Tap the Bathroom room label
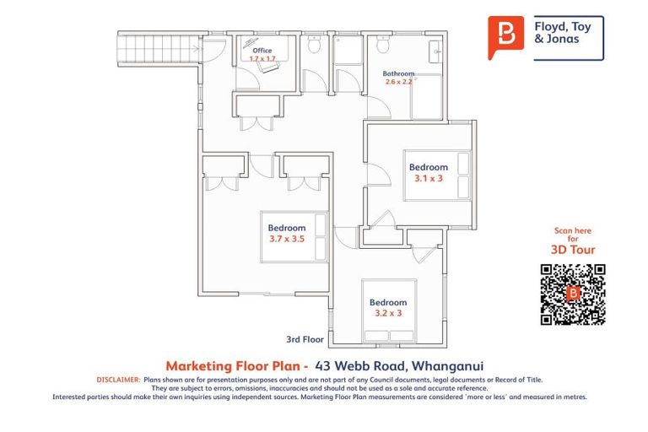[x=398, y=73]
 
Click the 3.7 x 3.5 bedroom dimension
[x=287, y=240]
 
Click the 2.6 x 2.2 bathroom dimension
[x=398, y=82]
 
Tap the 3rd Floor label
[x=305, y=340]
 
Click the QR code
[x=573, y=294]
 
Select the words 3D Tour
[x=574, y=250]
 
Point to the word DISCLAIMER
[x=118, y=381]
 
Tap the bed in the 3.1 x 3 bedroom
[x=438, y=175]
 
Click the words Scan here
[x=574, y=230]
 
